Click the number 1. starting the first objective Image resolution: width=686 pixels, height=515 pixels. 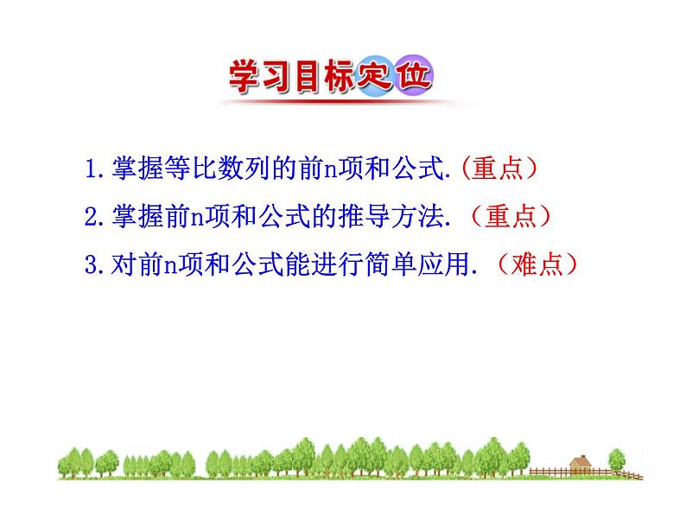97,168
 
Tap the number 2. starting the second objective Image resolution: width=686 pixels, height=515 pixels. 97,217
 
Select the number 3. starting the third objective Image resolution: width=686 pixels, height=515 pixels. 97,265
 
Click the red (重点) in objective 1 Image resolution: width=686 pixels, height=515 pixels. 501,168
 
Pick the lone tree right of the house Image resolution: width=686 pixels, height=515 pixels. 616,459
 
